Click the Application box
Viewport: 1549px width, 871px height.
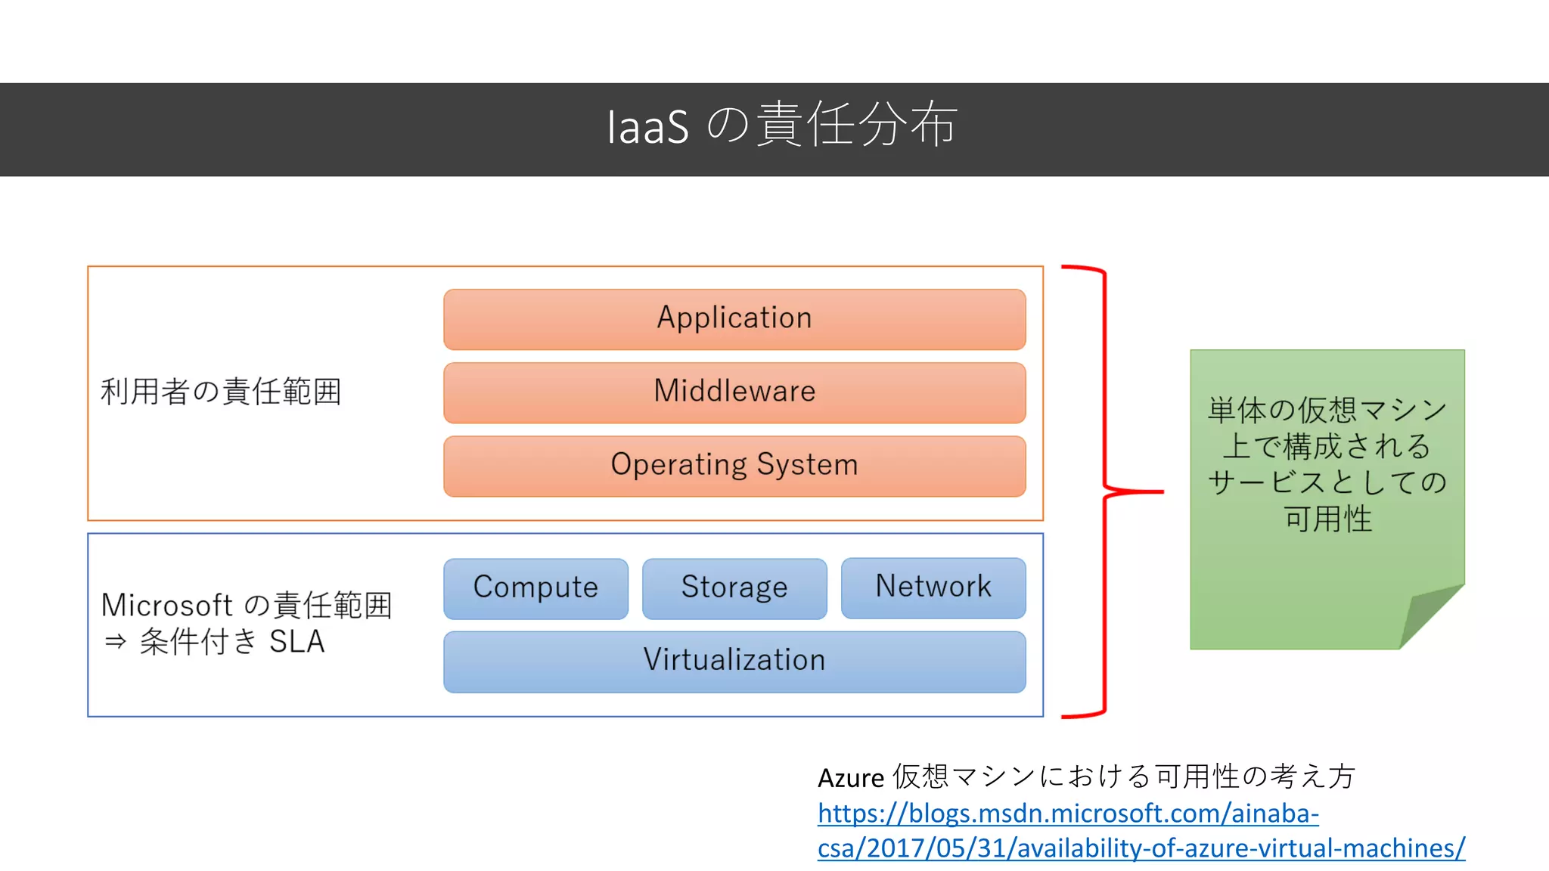point(734,319)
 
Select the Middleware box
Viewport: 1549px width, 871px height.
point(734,392)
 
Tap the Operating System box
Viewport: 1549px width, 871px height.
point(734,466)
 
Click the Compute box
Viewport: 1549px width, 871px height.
point(535,588)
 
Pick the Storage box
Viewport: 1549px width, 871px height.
point(734,588)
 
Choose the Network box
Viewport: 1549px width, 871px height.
point(933,587)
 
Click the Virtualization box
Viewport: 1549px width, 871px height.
point(734,661)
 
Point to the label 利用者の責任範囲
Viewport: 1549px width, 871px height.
point(221,392)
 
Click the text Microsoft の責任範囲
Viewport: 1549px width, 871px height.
point(247,605)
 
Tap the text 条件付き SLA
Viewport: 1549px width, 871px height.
point(232,642)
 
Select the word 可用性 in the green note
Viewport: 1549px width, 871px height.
point(1327,519)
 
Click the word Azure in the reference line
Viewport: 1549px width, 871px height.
point(850,778)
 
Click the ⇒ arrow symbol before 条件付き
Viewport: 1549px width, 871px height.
point(116,642)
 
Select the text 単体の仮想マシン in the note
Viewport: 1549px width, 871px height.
point(1327,411)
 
